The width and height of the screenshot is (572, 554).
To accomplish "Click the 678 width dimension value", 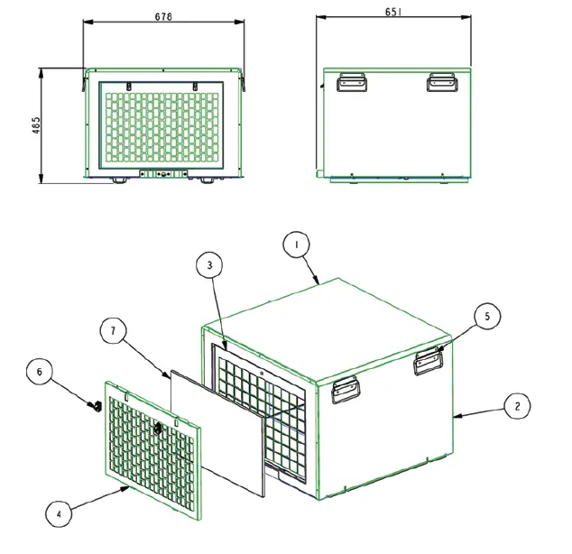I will pyautogui.click(x=164, y=16).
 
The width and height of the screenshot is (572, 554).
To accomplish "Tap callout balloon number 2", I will pyautogui.click(x=516, y=407).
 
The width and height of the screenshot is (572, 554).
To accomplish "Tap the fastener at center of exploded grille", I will pyautogui.click(x=158, y=427).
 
